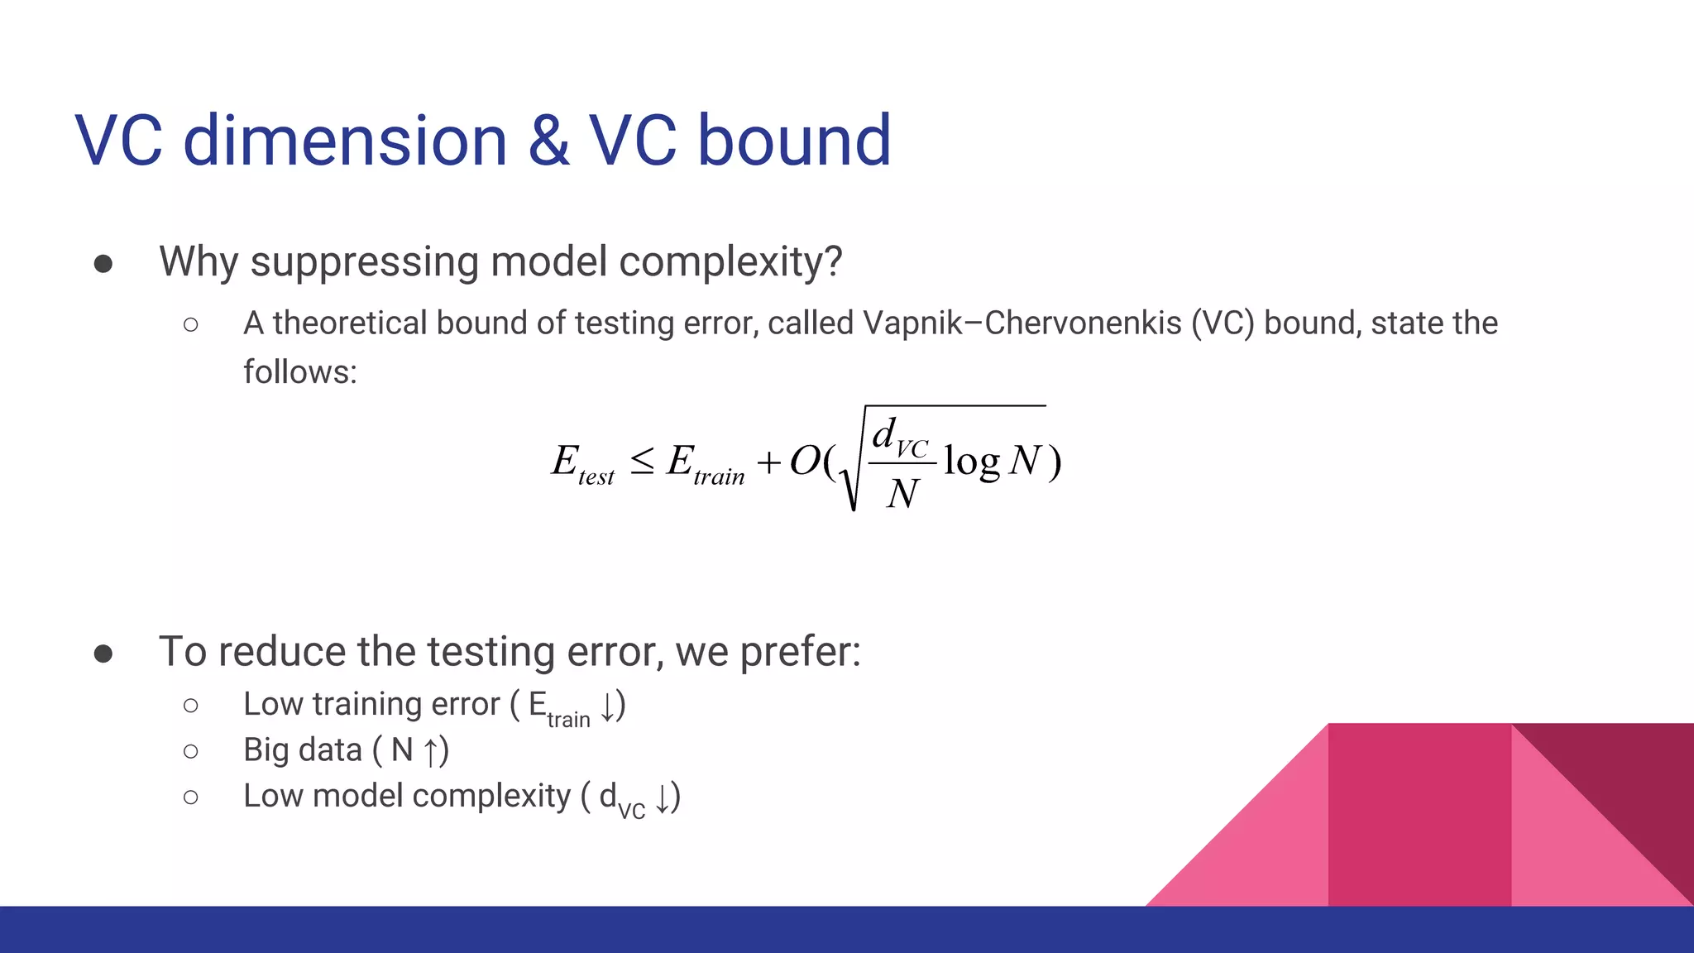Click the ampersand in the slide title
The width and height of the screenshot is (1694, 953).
(548, 141)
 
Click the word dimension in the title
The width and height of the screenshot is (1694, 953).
(344, 141)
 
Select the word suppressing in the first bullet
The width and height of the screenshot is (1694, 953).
(364, 263)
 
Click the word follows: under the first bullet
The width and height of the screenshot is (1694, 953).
(299, 372)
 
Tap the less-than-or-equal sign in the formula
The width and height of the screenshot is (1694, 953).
(643, 461)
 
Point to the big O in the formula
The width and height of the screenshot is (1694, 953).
(805, 461)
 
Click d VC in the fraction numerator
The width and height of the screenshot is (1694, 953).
(900, 437)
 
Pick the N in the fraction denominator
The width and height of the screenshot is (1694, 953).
(902, 495)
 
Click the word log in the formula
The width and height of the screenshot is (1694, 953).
(972, 462)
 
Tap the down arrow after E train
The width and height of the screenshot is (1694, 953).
(608, 706)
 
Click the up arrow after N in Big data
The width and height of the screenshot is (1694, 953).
(431, 752)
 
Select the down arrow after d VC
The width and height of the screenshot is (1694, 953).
(663, 798)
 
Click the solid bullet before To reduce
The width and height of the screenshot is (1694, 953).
(103, 654)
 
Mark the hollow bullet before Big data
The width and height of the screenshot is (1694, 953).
(191, 751)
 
